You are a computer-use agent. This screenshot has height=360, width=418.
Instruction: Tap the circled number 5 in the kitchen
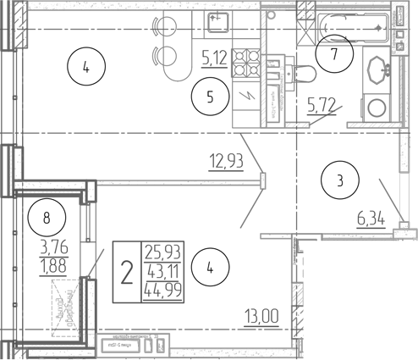click(209, 97)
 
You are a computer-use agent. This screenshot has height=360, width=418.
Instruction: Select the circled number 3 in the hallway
click(339, 180)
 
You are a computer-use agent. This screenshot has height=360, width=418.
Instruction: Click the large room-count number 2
click(127, 274)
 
